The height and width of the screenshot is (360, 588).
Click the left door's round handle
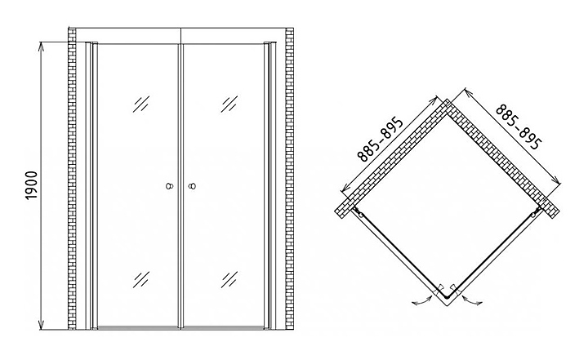tap(170, 187)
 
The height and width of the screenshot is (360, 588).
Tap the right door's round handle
tap(193, 187)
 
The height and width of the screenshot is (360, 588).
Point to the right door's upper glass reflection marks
tap(228, 104)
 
